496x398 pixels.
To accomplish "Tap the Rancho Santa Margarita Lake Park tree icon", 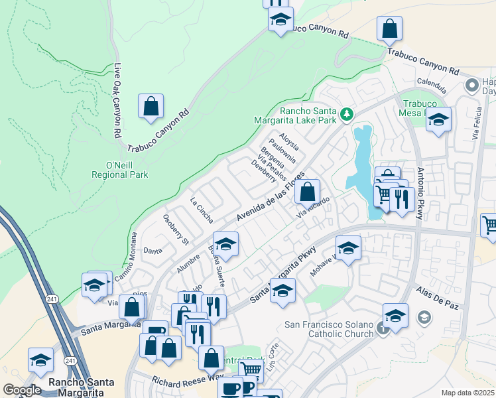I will (x=346, y=115).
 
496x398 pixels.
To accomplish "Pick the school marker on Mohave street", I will (x=348, y=249).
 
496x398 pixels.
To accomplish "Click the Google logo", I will (x=22, y=389).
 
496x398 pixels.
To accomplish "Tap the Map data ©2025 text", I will (x=468, y=393).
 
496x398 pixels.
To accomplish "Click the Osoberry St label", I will (x=176, y=229).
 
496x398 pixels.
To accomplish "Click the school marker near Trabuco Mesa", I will (x=438, y=120).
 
